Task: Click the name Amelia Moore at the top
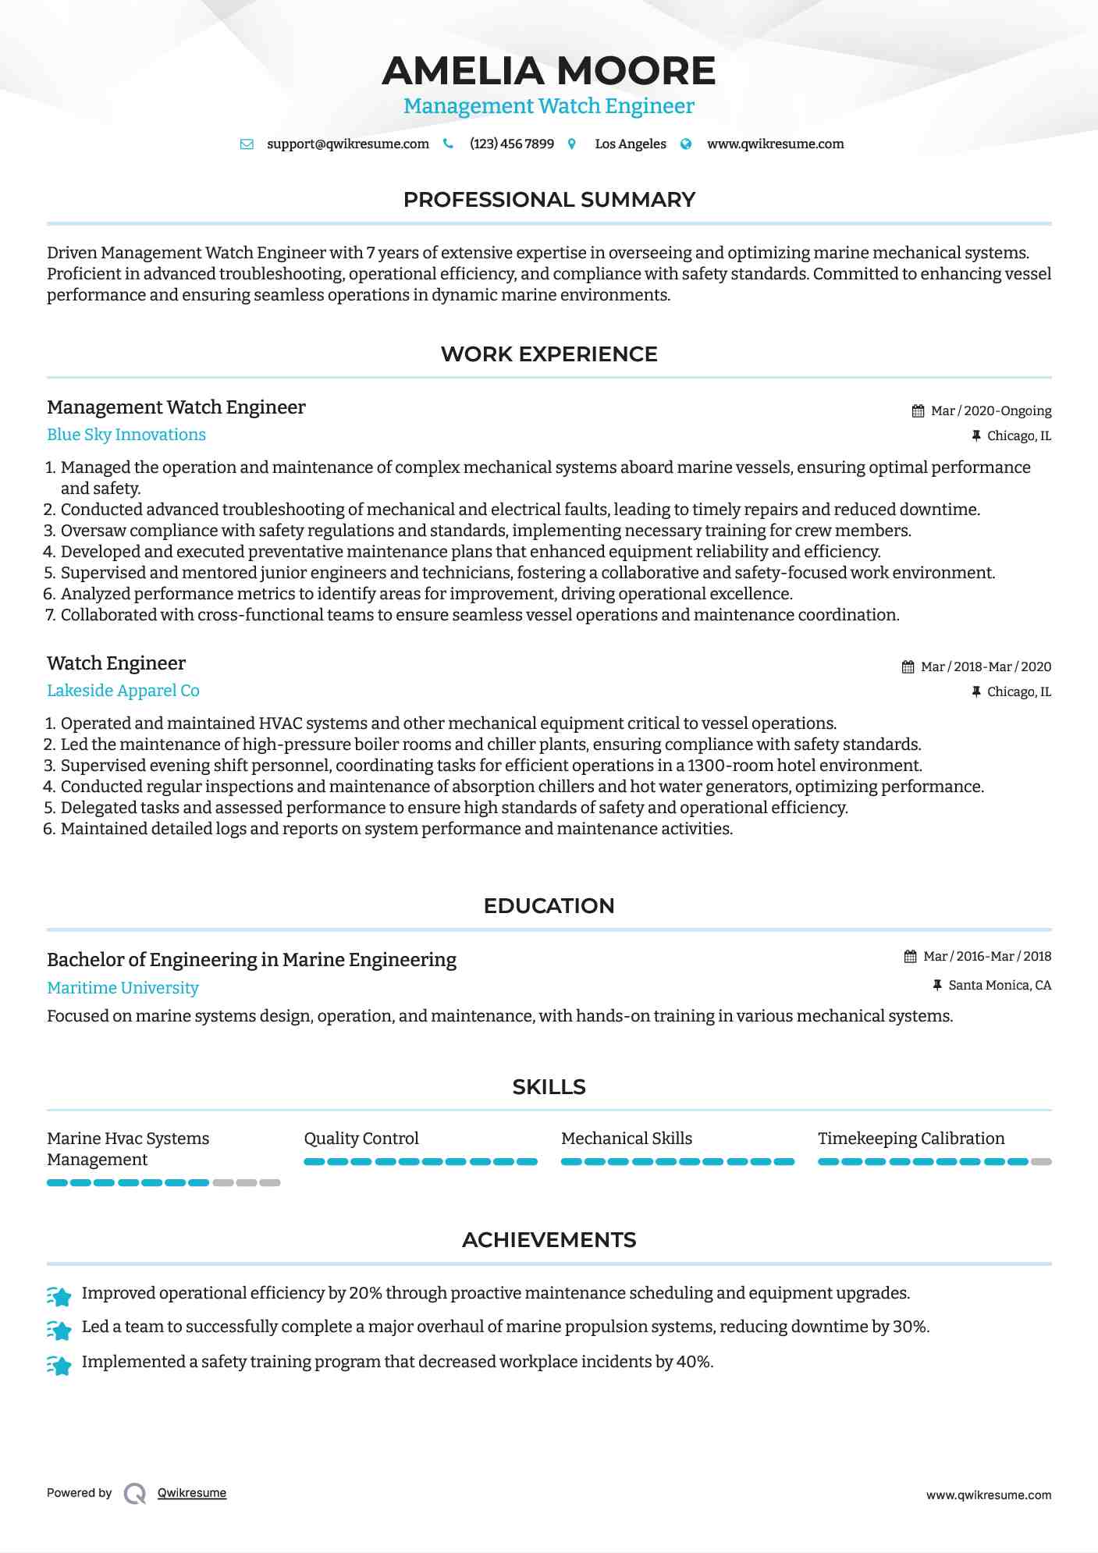coord(549,71)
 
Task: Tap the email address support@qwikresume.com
coord(347,144)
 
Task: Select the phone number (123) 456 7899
coord(511,144)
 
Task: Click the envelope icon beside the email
coord(247,144)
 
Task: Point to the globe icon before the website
coord(686,144)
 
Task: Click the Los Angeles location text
coord(630,144)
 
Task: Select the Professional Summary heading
coord(549,200)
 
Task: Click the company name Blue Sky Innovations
coord(126,435)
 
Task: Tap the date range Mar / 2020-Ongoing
coord(991,410)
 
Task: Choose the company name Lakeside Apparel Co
coord(123,691)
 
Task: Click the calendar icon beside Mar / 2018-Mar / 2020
coord(908,667)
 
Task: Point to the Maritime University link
coord(123,988)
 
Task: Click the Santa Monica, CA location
coord(1000,986)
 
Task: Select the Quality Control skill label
coord(361,1139)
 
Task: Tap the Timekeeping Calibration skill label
coord(911,1139)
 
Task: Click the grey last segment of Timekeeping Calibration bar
coord(1041,1162)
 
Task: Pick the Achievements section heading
coord(549,1240)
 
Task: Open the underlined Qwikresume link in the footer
coord(192,1493)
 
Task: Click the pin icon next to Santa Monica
coord(937,986)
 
